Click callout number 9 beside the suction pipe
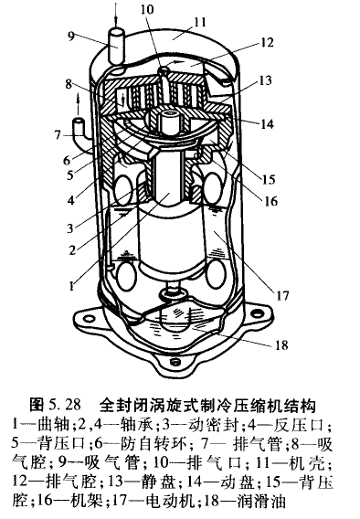[x=71, y=37]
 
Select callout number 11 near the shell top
[x=199, y=22]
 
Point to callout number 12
[x=267, y=42]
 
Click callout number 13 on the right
[x=265, y=80]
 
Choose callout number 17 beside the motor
[x=282, y=295]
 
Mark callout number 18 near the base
[x=281, y=344]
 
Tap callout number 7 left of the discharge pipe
[x=58, y=134]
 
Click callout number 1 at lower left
[x=72, y=285]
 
